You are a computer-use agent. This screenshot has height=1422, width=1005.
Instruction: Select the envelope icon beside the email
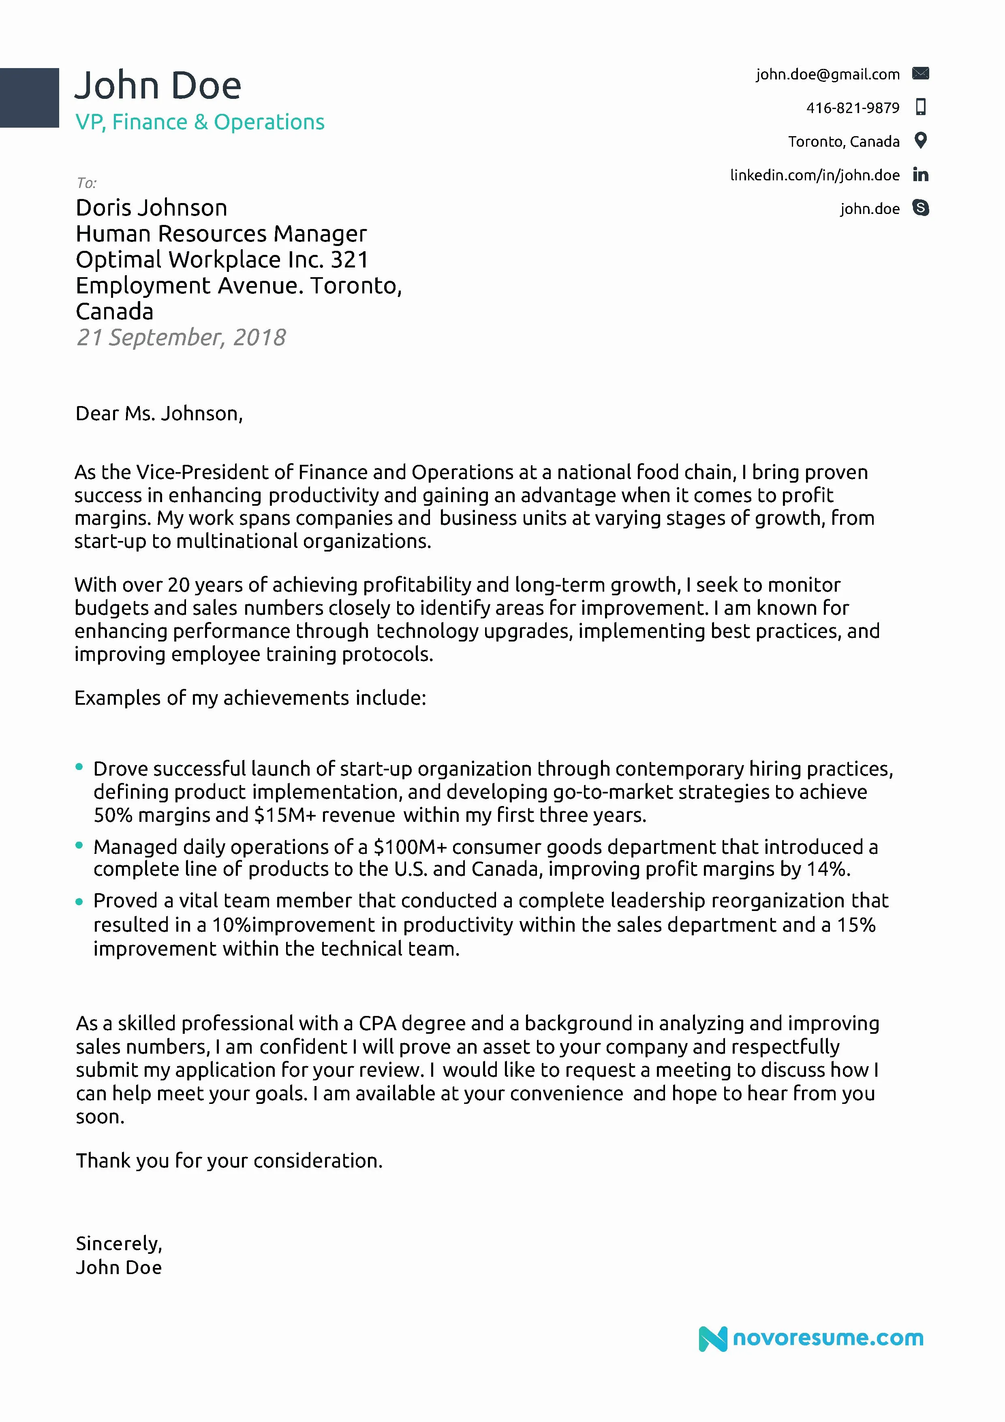click(x=920, y=74)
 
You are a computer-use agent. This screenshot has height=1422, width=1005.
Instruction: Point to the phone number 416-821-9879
click(x=852, y=108)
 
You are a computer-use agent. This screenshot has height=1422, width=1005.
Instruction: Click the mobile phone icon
click(x=921, y=107)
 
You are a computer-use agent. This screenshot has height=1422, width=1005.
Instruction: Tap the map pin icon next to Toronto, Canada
click(x=921, y=141)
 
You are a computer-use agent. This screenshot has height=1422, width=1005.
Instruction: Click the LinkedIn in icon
click(x=921, y=175)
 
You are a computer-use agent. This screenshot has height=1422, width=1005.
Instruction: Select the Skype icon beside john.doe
click(x=921, y=208)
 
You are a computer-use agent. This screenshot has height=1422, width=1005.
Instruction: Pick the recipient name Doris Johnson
click(x=151, y=207)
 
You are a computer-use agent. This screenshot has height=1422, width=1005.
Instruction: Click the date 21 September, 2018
click(x=181, y=338)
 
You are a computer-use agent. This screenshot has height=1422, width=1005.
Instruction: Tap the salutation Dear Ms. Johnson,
click(x=159, y=413)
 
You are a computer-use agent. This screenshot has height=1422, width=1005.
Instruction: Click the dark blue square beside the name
click(x=29, y=98)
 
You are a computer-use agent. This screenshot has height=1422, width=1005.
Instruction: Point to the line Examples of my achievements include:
click(x=250, y=698)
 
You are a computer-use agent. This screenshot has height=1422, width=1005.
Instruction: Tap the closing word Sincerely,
click(x=119, y=1243)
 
